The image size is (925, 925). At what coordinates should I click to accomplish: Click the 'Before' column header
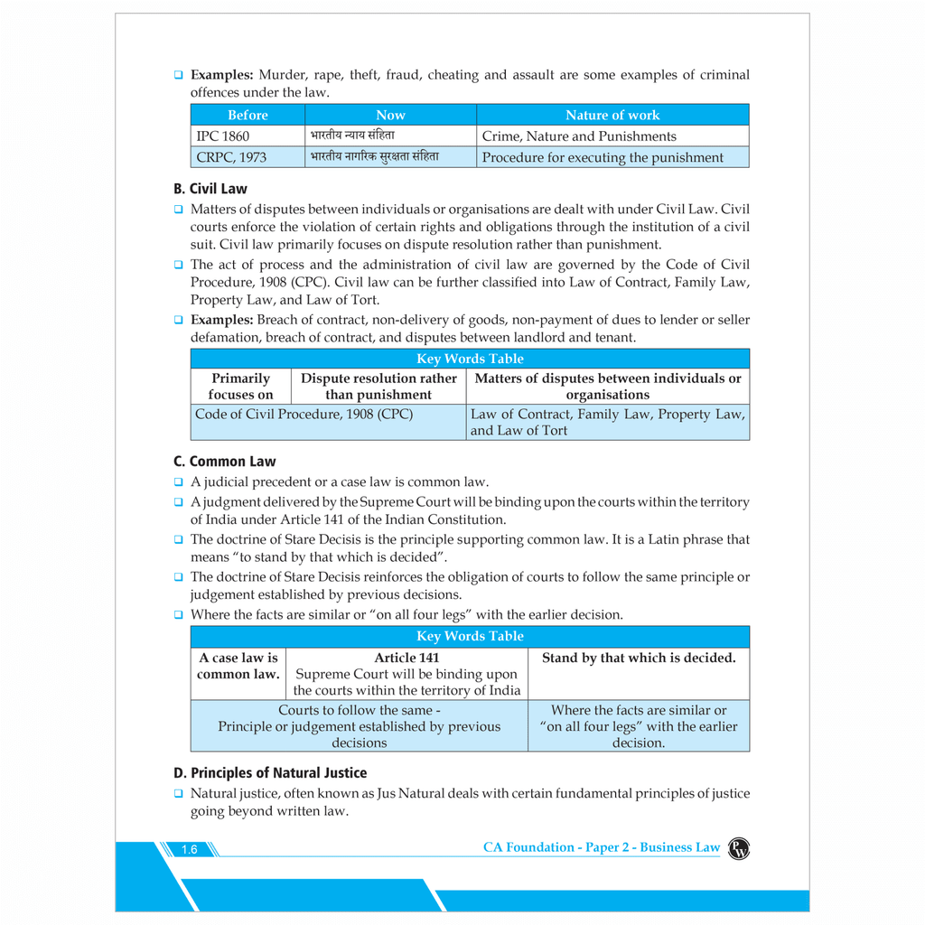(248, 115)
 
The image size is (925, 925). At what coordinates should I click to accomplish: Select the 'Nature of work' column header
(612, 115)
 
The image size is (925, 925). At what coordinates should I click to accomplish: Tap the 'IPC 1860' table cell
(223, 136)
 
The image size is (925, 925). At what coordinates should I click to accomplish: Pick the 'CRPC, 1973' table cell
(231, 157)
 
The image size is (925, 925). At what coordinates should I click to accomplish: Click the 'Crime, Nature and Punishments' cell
(579, 136)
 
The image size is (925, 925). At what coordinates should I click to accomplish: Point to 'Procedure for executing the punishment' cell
(603, 157)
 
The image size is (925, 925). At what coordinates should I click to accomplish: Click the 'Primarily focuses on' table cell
(240, 386)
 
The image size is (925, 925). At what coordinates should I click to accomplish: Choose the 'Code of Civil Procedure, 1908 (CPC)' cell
(304, 415)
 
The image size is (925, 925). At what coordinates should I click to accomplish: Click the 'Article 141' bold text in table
(406, 658)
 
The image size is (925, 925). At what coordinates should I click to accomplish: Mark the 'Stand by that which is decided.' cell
(639, 658)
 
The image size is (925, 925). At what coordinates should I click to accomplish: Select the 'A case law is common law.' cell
(238, 666)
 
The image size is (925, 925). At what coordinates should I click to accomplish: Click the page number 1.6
(189, 849)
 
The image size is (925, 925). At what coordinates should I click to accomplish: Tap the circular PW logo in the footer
(738, 847)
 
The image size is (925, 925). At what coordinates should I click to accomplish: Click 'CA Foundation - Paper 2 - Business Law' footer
(602, 847)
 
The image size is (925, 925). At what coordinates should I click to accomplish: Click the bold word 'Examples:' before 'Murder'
(221, 75)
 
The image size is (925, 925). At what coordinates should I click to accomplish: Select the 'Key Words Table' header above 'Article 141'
(470, 636)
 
